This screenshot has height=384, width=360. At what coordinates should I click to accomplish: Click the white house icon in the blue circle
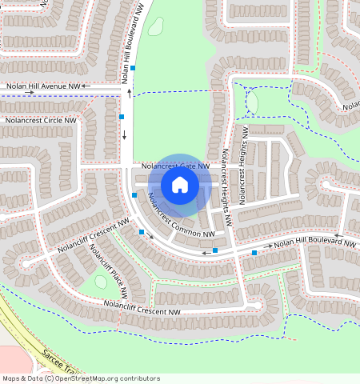pos(180,185)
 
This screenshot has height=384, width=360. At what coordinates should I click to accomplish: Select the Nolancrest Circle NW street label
pos(40,120)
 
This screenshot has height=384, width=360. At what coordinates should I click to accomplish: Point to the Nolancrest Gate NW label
pos(176,166)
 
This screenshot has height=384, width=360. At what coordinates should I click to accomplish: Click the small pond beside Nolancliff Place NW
pos(101,281)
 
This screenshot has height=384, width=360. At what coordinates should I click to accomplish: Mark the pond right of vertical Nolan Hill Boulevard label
pos(156,26)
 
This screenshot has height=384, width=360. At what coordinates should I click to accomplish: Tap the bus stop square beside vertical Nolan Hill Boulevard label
pos(134,68)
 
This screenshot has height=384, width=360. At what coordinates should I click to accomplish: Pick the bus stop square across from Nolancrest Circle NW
pos(122,117)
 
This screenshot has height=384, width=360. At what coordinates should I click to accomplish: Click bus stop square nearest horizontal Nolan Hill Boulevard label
pos(254,253)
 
